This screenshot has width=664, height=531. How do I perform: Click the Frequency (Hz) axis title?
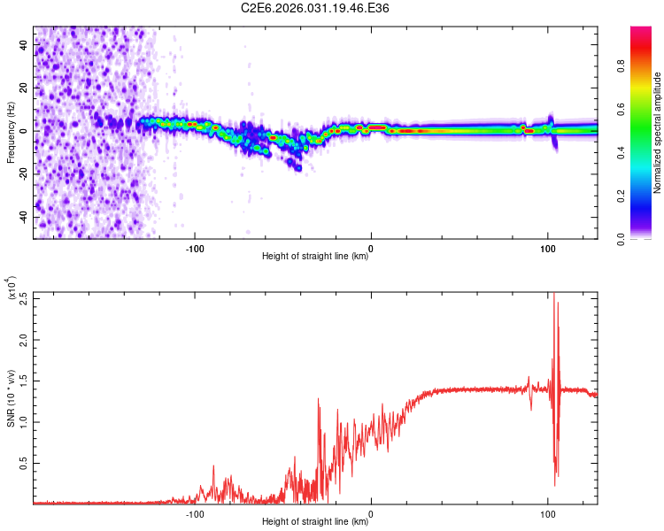pos(11,133)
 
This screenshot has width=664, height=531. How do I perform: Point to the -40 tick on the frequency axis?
pos(24,217)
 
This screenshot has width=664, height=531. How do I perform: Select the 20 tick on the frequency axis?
pos(24,88)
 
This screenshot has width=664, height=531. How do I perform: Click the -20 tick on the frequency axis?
pos(24,174)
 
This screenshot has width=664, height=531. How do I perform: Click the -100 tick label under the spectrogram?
pos(195,247)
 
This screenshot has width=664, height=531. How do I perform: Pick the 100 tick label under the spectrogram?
pos(548,247)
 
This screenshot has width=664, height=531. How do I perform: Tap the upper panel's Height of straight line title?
pos(316,257)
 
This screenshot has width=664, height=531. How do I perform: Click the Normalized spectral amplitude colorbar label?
pos(658,133)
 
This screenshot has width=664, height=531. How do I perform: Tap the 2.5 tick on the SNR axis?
pos(24,299)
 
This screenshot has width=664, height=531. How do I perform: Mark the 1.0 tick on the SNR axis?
pos(24,421)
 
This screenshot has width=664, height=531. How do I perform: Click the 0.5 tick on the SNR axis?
pos(24,462)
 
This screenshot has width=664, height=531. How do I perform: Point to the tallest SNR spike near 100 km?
pos(554,296)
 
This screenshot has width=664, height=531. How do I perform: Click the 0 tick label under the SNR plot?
pos(371,512)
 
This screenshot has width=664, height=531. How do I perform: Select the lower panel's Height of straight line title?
pos(316,522)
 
